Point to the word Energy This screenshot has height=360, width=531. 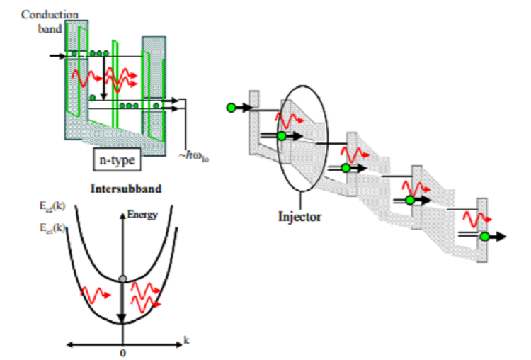(142, 214)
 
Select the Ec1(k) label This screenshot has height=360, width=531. (53, 227)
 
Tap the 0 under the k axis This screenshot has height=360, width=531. (124, 353)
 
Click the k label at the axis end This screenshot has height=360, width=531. (186, 341)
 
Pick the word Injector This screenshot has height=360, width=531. (300, 216)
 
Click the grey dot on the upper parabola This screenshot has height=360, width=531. (123, 279)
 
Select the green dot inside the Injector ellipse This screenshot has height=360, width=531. (282, 136)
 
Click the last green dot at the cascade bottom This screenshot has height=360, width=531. (486, 237)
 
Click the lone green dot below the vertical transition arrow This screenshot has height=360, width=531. (93, 97)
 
